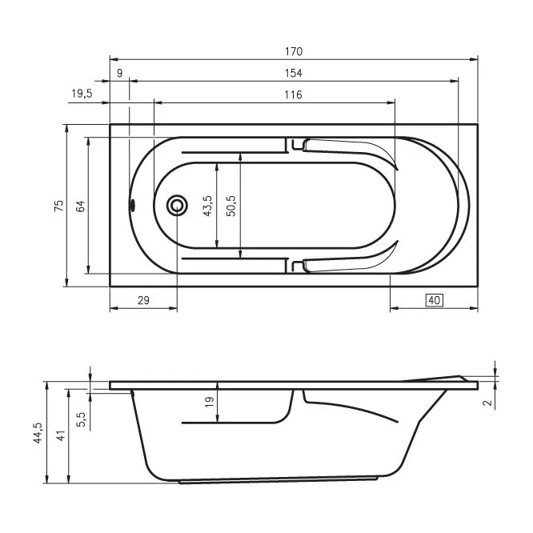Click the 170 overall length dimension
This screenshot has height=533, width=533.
tap(294, 52)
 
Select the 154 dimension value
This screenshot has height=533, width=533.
tap(294, 73)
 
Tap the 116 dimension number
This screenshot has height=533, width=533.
tap(294, 94)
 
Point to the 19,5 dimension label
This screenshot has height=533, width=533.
tap(82, 94)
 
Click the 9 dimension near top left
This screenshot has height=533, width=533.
tap(120, 73)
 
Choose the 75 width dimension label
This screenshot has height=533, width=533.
tap(58, 206)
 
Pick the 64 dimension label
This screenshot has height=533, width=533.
tap(81, 206)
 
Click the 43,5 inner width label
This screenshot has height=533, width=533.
tap(207, 206)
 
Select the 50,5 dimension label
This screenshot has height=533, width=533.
tap(231, 206)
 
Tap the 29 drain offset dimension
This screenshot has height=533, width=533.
tap(143, 300)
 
